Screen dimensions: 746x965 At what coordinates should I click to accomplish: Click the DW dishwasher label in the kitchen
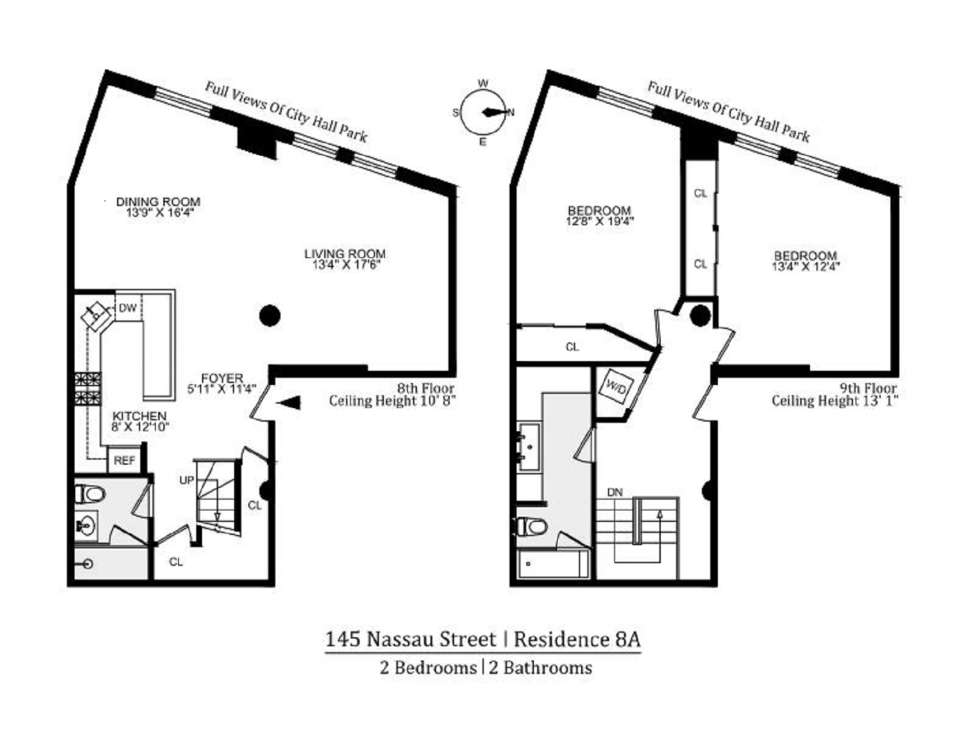pos(128,308)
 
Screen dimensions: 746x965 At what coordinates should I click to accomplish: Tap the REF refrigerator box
pos(124,461)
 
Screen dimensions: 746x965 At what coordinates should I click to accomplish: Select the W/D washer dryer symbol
pos(617,387)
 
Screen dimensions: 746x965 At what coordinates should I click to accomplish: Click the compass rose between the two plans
pos(483,113)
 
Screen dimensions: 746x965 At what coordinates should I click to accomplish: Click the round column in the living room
pos(269,316)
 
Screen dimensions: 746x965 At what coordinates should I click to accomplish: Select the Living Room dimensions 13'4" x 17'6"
pos(345,264)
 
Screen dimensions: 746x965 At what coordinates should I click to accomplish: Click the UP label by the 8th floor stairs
pos(186,480)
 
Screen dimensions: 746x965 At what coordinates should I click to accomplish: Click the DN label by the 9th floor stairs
pos(614,492)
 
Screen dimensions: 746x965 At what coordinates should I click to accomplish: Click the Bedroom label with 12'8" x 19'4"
pos(599,211)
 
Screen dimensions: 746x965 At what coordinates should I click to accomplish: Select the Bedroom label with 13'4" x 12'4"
pos(805,255)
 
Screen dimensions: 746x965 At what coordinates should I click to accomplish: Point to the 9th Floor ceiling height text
pos(834,395)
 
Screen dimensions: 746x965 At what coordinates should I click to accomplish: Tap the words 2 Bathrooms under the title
pos(540,668)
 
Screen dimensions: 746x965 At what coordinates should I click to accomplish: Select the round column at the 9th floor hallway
pos(700,316)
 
